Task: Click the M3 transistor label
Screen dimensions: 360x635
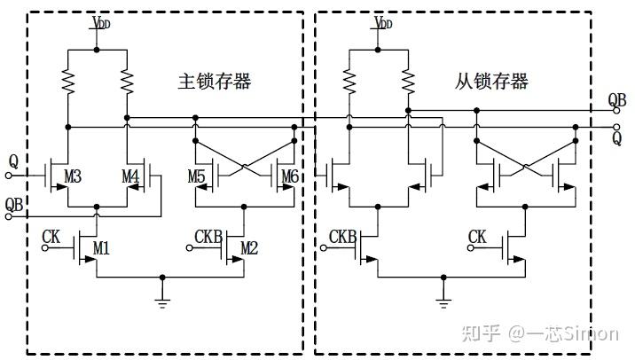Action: [73, 178]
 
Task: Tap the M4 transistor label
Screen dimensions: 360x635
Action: [130, 177]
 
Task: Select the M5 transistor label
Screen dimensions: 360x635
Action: [197, 177]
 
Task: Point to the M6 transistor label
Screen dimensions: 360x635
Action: [289, 177]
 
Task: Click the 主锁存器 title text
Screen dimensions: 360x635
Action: [215, 82]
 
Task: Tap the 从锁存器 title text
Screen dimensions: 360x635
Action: [492, 82]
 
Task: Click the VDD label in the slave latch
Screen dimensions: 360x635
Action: [383, 20]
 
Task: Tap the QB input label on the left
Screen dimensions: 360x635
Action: [14, 205]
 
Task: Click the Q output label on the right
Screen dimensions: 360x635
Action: [616, 137]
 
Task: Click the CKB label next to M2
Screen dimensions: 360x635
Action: [208, 237]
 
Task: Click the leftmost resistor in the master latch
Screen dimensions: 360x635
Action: [68, 82]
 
